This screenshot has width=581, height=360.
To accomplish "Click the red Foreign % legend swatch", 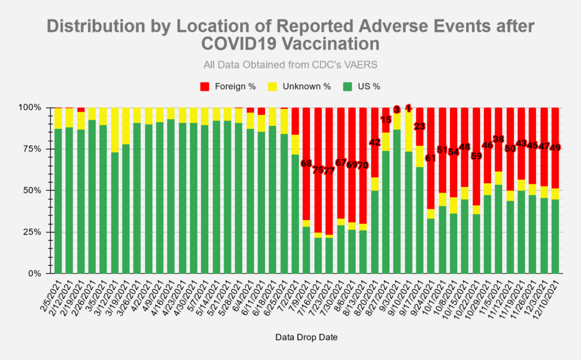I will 205,87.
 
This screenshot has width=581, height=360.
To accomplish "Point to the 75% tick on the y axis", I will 33,149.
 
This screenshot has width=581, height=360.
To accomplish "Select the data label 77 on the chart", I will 329,171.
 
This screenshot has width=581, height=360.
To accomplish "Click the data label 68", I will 306,163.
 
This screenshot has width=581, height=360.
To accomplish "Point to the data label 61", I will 431,158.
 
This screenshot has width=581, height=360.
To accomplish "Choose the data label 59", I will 477,156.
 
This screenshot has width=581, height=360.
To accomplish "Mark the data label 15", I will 386,120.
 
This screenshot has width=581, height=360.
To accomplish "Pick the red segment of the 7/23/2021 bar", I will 329,142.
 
